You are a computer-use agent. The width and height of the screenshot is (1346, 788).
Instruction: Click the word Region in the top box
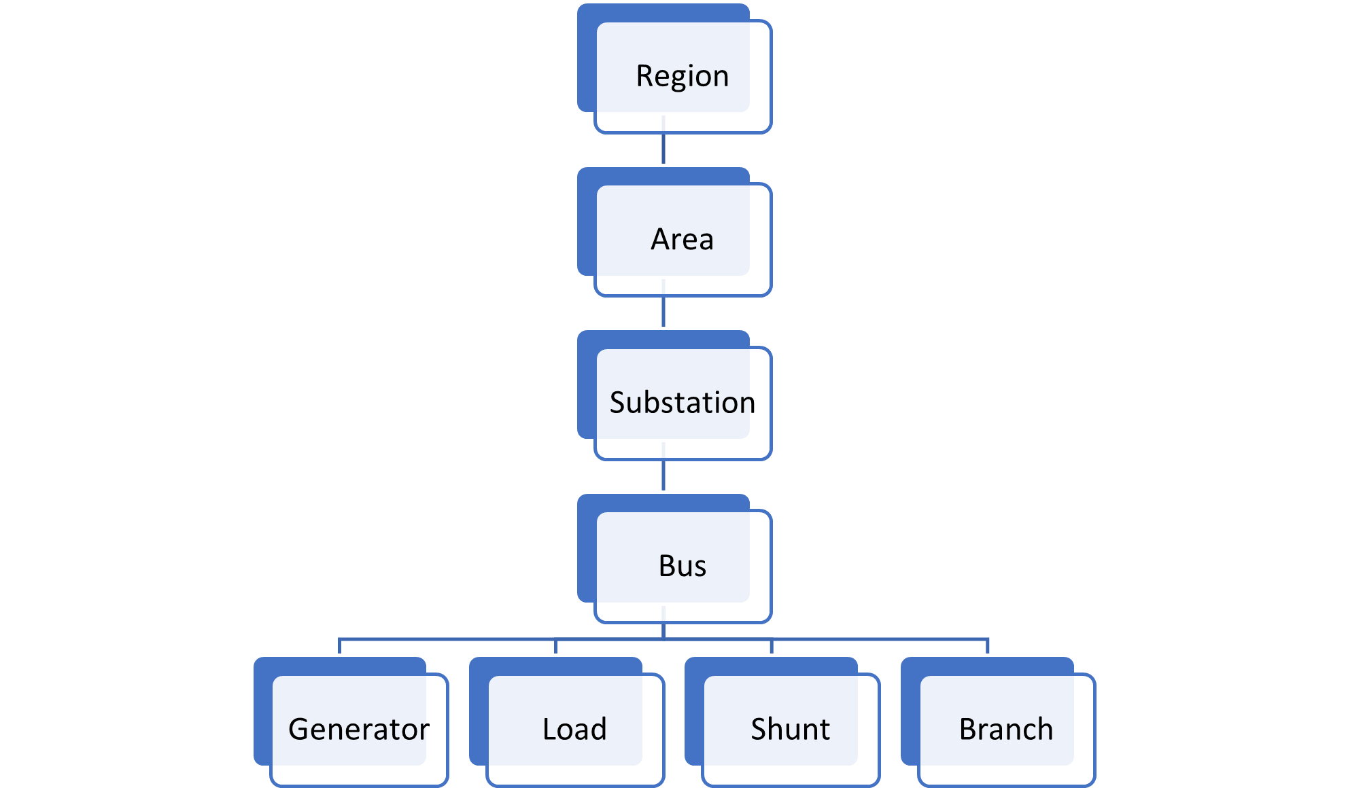[x=682, y=75]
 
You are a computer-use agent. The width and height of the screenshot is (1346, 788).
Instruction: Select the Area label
[x=682, y=239]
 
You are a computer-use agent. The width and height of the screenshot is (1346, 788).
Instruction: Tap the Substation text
[x=682, y=402]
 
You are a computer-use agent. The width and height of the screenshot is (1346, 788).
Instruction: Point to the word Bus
[x=682, y=566]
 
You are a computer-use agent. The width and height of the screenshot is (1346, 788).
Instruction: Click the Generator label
[x=358, y=729]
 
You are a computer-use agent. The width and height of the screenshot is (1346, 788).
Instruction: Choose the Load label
[x=574, y=729]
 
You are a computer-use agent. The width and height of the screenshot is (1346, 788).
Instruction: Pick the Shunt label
[x=790, y=729]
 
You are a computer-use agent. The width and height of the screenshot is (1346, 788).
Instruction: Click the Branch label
[x=1006, y=729]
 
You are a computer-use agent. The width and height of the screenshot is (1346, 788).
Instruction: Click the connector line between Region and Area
[x=663, y=149]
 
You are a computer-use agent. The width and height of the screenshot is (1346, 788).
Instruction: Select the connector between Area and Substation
[x=663, y=312]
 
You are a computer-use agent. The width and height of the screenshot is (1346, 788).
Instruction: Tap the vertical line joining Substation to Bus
[x=663, y=476]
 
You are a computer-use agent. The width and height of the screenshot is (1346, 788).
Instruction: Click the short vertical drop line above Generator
[x=339, y=646]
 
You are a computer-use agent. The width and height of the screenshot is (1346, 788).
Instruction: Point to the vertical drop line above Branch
[x=988, y=646]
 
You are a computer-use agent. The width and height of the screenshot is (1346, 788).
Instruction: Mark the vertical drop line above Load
[x=555, y=646]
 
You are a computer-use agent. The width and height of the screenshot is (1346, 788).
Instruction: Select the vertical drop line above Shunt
[x=772, y=646]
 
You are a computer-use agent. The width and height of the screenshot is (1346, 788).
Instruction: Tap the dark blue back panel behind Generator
[x=262, y=713]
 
